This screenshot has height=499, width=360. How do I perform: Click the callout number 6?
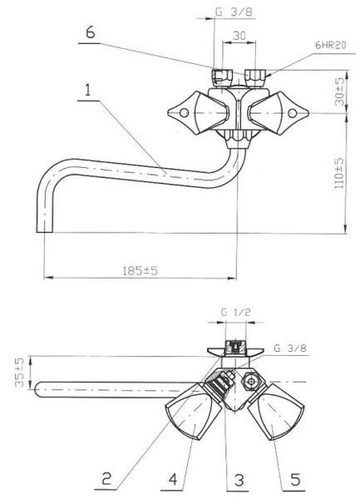(x=91, y=32)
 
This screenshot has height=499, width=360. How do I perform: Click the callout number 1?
(x=88, y=90)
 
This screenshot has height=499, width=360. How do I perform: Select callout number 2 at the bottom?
(x=107, y=478)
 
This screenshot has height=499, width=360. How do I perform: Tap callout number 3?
(x=173, y=479)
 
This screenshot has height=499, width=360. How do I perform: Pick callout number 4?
(x=239, y=480)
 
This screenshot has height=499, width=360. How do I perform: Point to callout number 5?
(x=295, y=479)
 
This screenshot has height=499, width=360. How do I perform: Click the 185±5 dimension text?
(x=140, y=271)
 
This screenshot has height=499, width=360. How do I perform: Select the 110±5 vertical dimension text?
(x=339, y=173)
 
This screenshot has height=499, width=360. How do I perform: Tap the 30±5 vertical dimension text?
(x=339, y=91)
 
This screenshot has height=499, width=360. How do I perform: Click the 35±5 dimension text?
(x=19, y=373)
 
